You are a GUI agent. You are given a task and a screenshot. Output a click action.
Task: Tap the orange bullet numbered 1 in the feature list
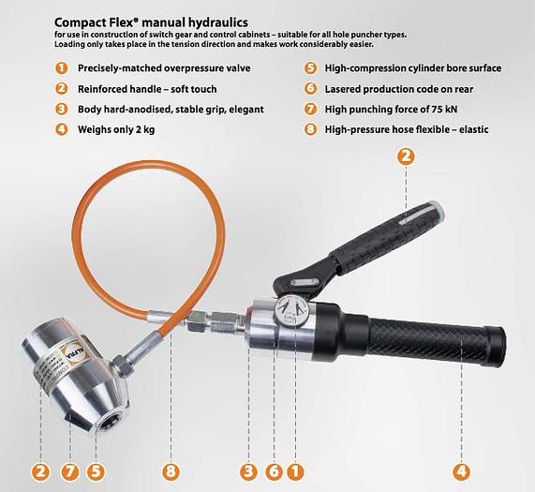tap(62, 68)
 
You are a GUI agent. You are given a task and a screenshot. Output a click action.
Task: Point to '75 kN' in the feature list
tap(459, 109)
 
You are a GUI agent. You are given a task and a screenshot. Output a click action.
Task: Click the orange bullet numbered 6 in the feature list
tap(310, 88)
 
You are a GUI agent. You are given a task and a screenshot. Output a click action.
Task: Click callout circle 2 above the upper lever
tap(405, 157)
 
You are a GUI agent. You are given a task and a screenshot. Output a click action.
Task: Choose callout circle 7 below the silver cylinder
tap(68, 470)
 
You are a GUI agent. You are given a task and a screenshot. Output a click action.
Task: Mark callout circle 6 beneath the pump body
tap(273, 470)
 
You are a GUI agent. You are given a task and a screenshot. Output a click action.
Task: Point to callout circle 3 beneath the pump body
tap(248, 470)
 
